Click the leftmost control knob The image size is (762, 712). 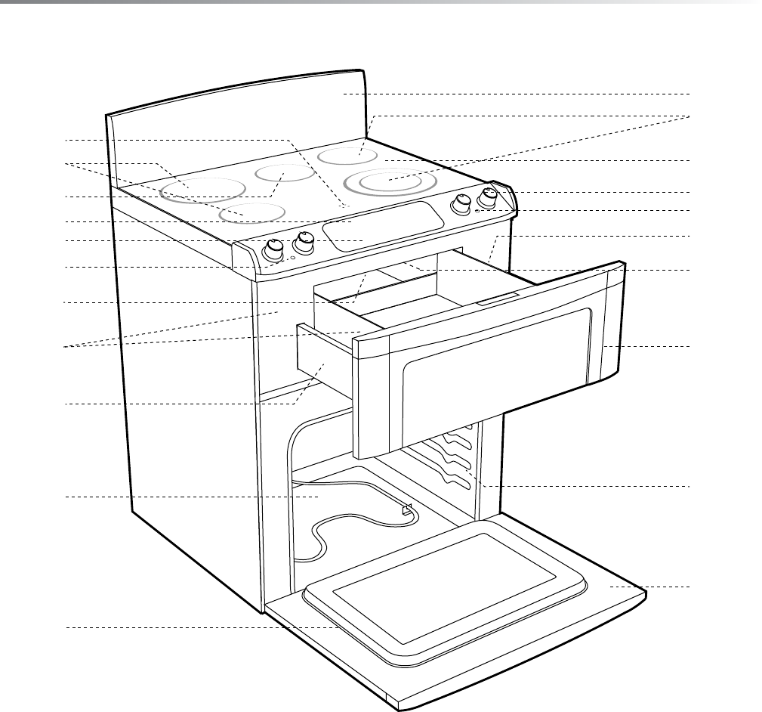tap(273, 249)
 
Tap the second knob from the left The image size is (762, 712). tap(304, 241)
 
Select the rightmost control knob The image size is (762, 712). tap(489, 198)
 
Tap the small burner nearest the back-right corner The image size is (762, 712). tap(347, 156)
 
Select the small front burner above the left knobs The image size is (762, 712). tap(251, 213)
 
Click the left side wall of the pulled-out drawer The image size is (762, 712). tap(325, 363)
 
